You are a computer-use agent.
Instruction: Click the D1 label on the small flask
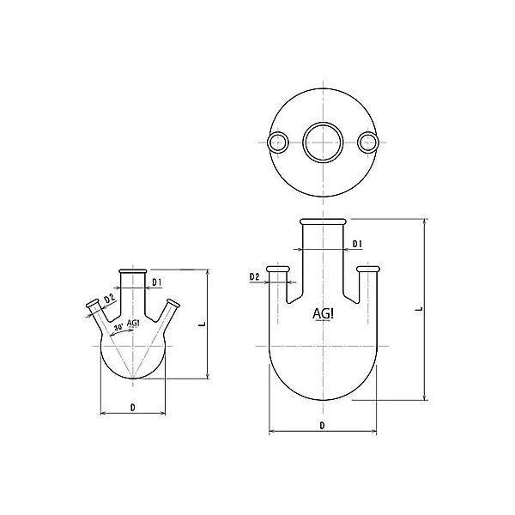[x=157, y=281]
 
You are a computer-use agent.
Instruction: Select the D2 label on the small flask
[x=109, y=299]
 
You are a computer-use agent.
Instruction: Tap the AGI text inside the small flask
[x=133, y=323]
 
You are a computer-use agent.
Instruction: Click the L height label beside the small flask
[x=200, y=324]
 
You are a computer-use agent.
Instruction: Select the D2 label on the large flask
[x=254, y=276]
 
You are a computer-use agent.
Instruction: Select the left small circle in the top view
[x=277, y=142]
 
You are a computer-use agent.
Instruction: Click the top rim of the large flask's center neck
[x=323, y=222]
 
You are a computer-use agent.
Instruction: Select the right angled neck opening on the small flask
[x=174, y=303]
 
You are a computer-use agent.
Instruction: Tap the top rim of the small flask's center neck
[x=133, y=270]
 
